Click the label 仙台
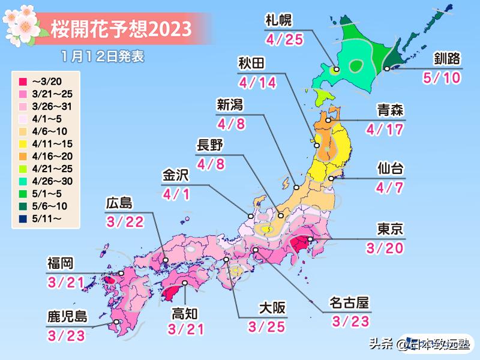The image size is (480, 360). pyautogui.click(x=390, y=167)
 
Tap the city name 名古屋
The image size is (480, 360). pyautogui.click(x=350, y=302)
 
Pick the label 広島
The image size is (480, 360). pyautogui.click(x=121, y=202)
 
